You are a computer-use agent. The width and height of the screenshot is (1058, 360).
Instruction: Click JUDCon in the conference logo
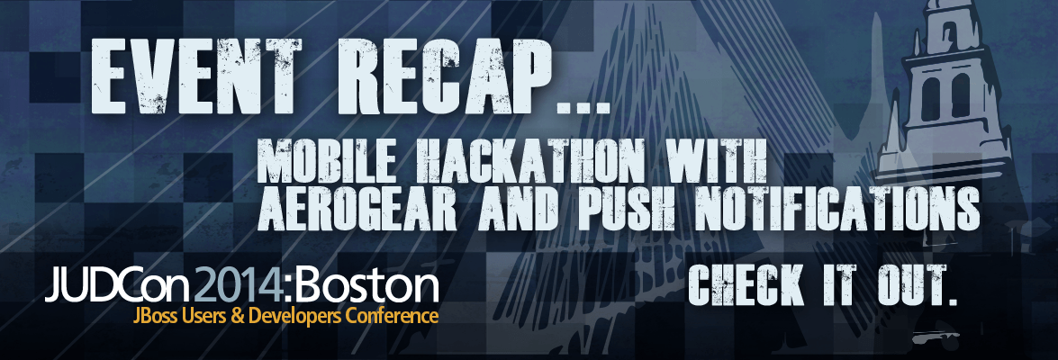pyautogui.click(x=117, y=286)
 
